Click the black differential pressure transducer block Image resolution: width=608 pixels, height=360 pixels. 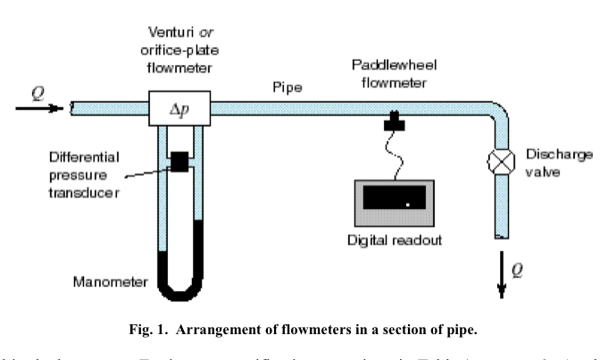click(x=180, y=161)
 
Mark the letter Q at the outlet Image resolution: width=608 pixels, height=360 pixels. click(x=520, y=266)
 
